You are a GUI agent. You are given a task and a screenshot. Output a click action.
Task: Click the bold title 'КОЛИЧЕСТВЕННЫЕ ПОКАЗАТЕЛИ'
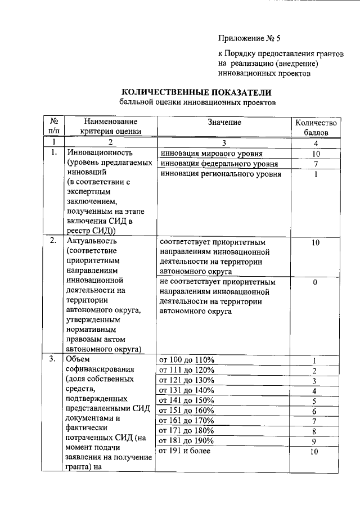click(x=197, y=92)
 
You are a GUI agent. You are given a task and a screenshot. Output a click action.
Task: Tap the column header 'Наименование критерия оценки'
click(x=110, y=127)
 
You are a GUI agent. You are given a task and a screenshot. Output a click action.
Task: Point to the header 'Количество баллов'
click(x=316, y=127)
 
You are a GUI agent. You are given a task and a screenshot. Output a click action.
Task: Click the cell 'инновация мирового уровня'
click(x=211, y=153)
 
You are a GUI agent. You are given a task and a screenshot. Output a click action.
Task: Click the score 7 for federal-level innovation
click(x=316, y=164)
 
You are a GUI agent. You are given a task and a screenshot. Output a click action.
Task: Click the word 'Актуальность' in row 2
click(x=93, y=241)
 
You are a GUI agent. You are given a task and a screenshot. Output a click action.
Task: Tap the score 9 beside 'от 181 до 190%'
click(x=316, y=441)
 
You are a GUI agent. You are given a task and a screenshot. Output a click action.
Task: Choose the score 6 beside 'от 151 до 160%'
click(x=316, y=411)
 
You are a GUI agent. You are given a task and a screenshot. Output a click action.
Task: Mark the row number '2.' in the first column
click(x=53, y=241)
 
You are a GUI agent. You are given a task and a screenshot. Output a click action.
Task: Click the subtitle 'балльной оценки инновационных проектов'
click(x=197, y=103)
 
